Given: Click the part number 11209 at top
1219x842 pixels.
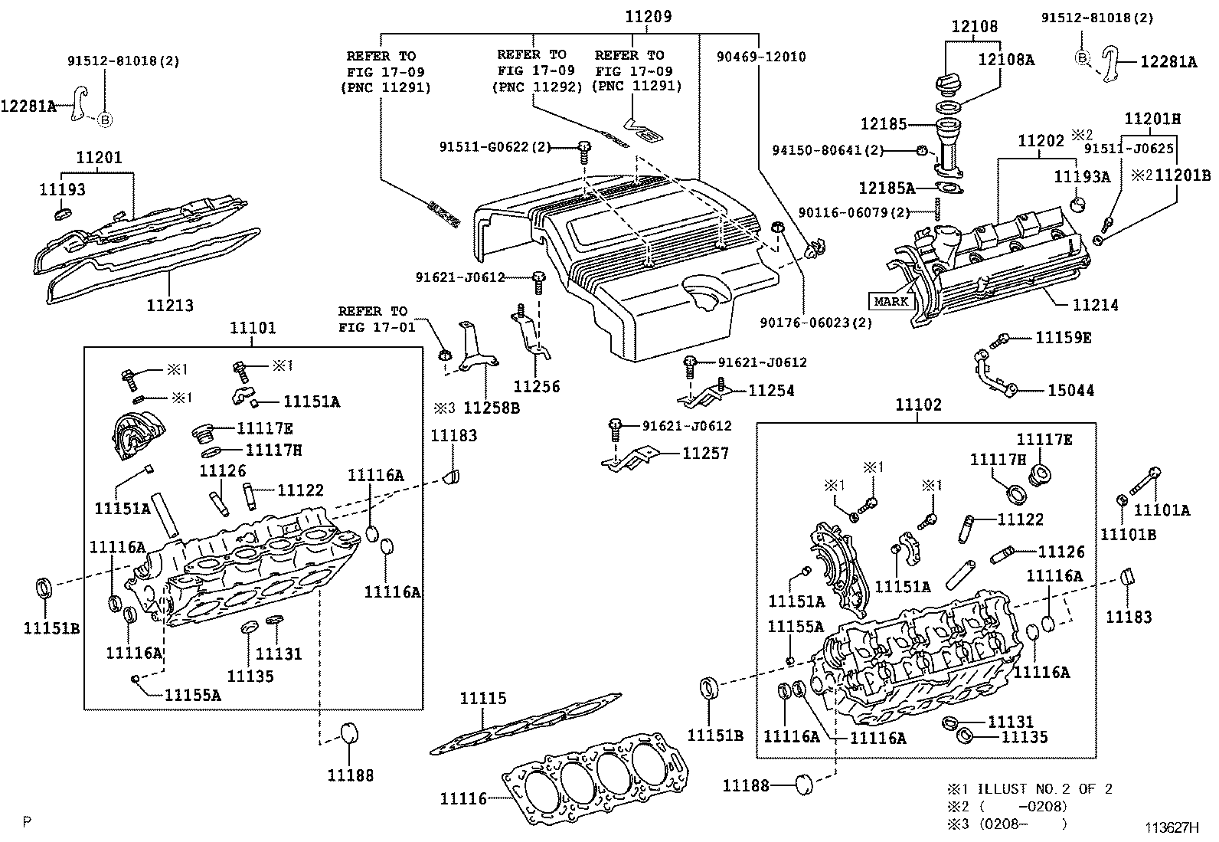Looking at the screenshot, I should (647, 15).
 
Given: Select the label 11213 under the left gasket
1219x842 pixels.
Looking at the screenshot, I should (170, 305).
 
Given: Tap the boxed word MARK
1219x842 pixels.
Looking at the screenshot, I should (891, 301).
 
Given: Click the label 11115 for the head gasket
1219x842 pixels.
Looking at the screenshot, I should (482, 698).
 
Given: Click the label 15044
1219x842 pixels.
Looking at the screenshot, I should (1070, 390).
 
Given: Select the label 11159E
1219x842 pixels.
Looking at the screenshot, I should (1064, 337).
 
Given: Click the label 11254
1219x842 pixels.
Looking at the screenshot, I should (771, 390).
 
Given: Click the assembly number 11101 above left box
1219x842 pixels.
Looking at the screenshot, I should (253, 328).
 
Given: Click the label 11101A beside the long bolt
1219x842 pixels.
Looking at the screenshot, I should (1162, 510).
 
